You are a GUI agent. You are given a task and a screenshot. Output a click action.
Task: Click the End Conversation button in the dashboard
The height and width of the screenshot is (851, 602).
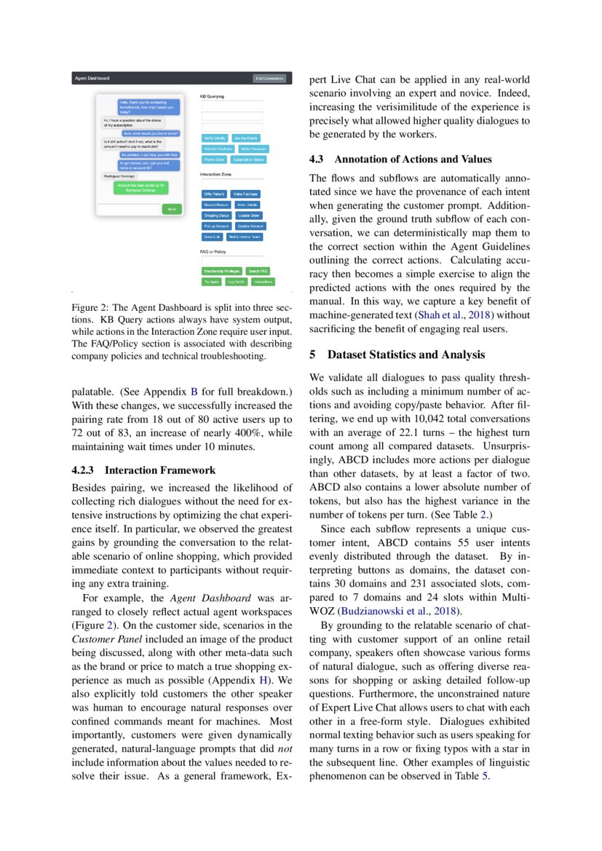(269, 78)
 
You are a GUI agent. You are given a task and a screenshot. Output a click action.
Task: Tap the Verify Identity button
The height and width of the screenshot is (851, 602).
(215, 138)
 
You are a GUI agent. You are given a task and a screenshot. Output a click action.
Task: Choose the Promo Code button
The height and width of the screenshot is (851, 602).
(214, 159)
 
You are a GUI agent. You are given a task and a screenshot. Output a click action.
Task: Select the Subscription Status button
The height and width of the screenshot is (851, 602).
(248, 159)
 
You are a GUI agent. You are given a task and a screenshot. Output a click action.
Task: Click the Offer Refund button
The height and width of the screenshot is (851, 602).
(214, 194)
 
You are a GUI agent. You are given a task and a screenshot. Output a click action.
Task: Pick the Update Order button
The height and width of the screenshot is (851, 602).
(250, 215)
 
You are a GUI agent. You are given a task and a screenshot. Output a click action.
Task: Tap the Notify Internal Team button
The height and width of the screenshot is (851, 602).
(245, 237)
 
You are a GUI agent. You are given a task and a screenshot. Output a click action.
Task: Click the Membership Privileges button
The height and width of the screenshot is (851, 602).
(221, 271)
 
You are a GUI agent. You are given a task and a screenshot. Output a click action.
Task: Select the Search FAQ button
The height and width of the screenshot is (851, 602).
(258, 271)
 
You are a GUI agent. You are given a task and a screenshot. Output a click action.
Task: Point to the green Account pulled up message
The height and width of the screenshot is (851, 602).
(143, 187)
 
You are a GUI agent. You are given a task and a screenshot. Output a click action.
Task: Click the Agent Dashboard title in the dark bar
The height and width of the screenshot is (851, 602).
(92, 78)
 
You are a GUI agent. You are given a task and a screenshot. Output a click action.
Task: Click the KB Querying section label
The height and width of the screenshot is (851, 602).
(212, 96)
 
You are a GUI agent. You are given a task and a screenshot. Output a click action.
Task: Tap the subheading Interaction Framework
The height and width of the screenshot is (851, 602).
(138, 470)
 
